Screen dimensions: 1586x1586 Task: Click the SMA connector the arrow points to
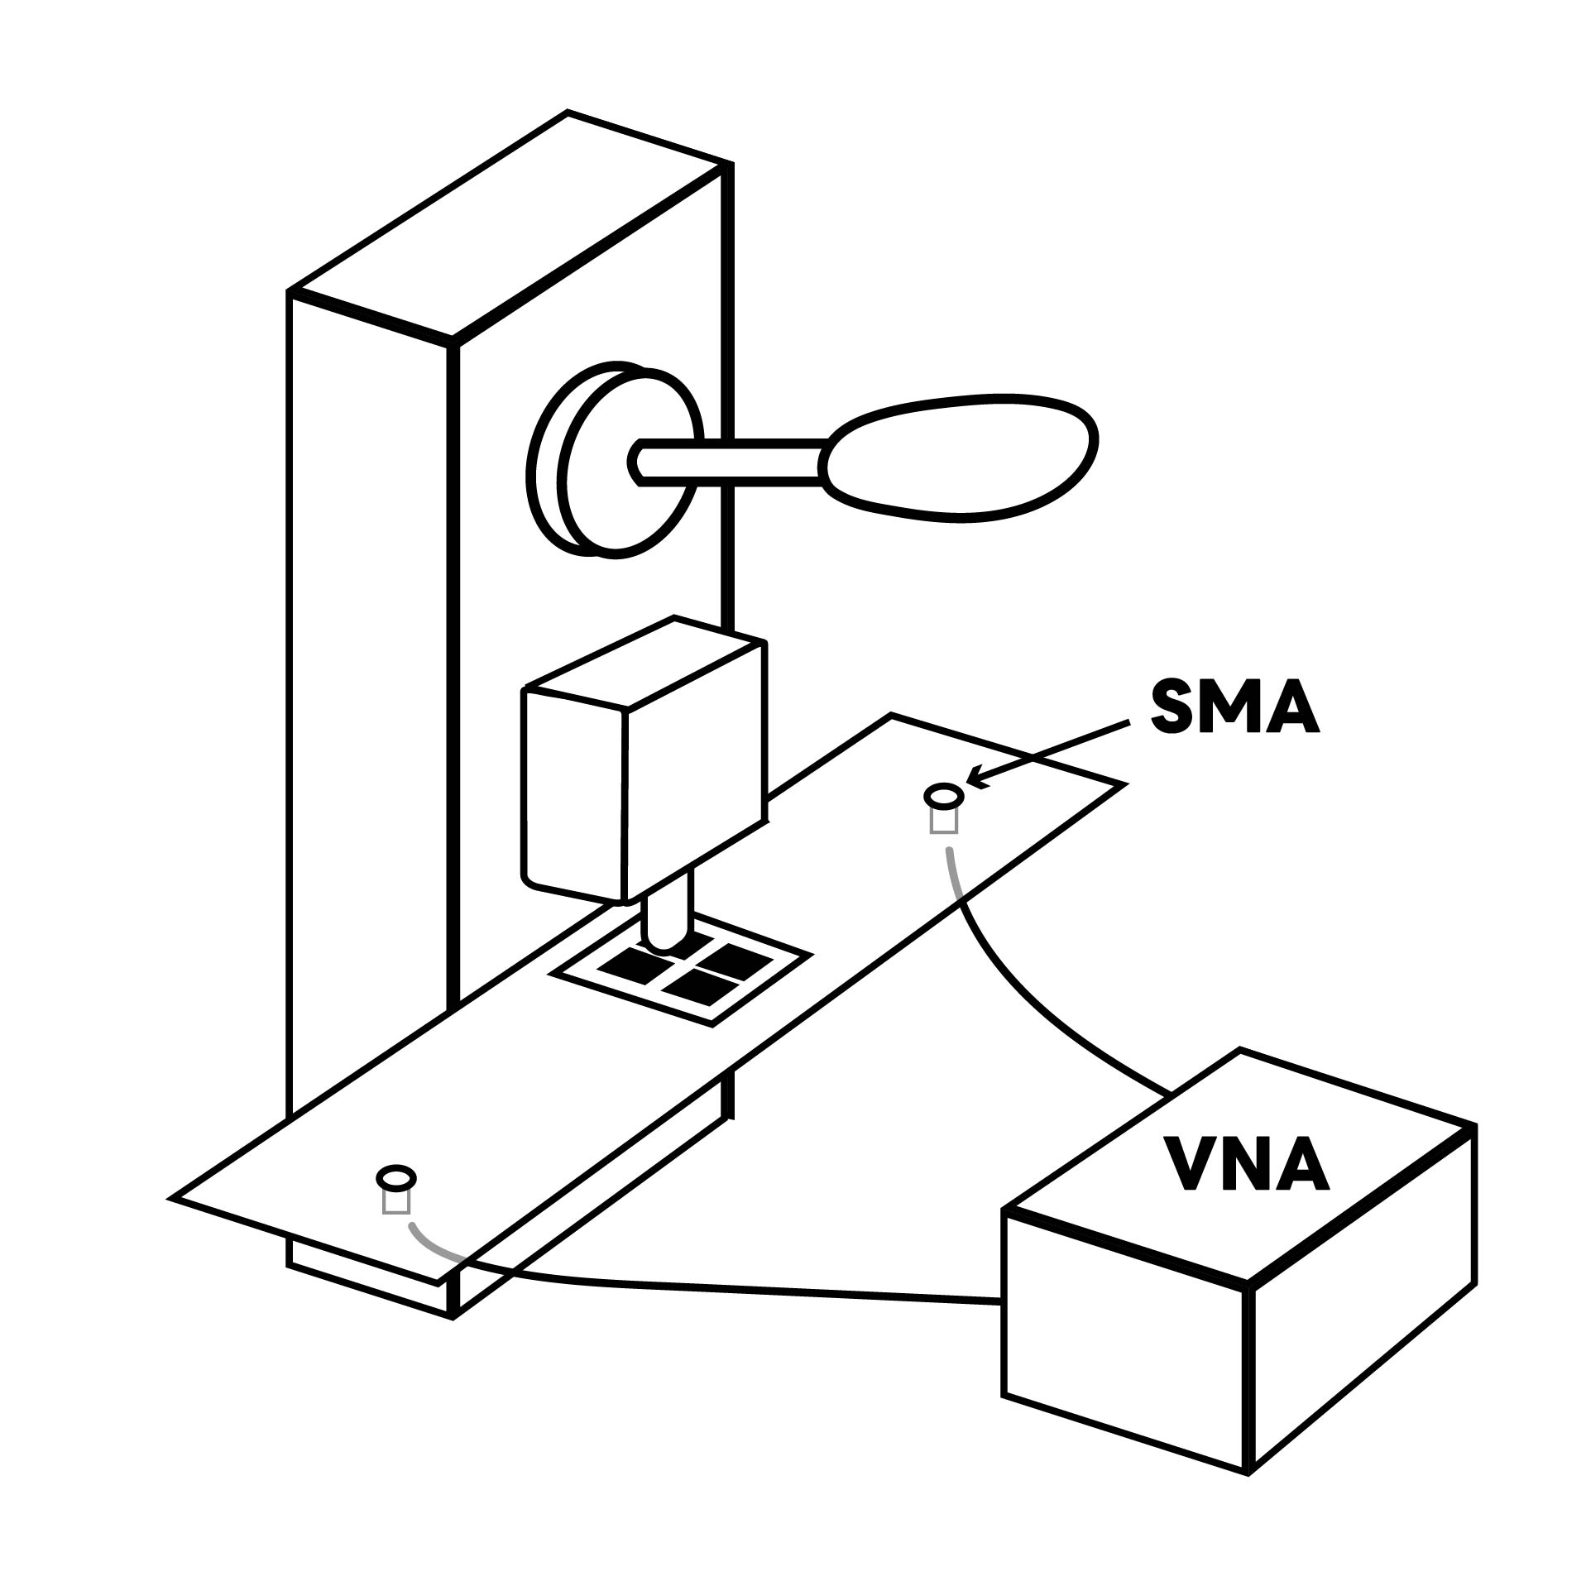pos(943,798)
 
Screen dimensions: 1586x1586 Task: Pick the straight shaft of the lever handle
pos(732,459)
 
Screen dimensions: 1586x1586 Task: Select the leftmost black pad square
pos(626,963)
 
